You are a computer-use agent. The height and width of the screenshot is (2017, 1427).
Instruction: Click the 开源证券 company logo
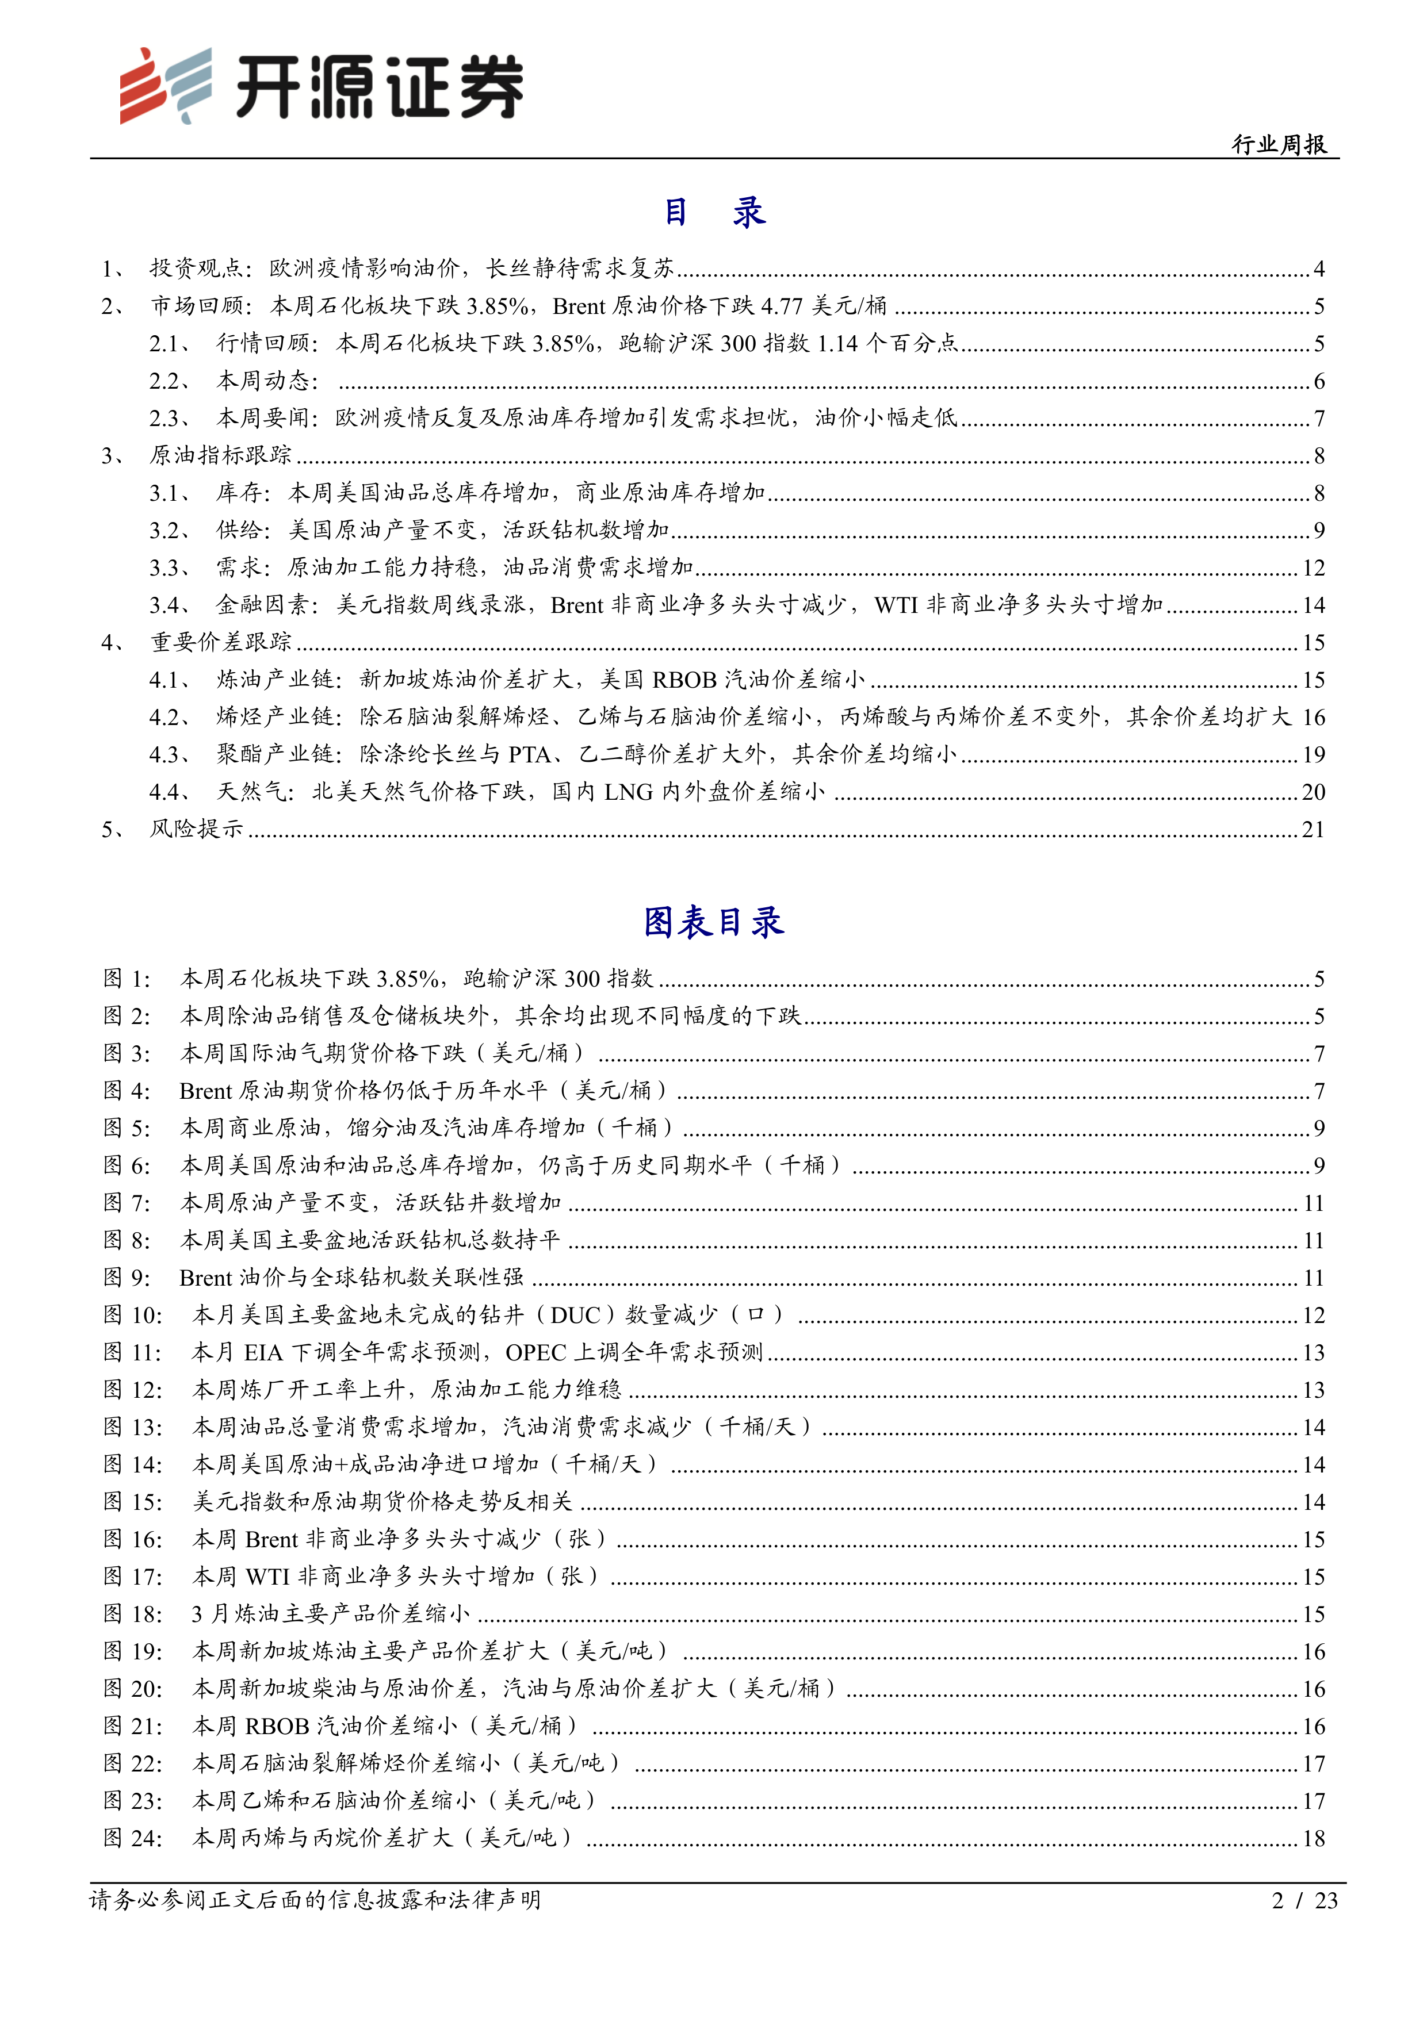point(322,85)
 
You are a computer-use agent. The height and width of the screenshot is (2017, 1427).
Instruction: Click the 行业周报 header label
point(1279,144)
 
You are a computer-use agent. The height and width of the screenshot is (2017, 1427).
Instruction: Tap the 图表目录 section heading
point(713,922)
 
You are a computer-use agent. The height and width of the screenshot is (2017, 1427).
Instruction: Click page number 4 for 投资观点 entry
point(1318,269)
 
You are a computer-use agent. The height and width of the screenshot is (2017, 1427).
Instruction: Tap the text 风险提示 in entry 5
point(196,829)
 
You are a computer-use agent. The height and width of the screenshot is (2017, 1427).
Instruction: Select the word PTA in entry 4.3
point(529,754)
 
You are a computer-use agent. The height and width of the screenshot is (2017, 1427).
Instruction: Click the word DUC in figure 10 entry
point(576,1315)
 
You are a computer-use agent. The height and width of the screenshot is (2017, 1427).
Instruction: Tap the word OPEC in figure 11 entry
point(536,1352)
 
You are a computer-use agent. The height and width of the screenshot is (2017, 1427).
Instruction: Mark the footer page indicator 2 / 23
point(1304,1901)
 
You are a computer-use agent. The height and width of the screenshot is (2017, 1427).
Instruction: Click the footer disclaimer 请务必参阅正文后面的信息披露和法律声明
point(315,1900)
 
